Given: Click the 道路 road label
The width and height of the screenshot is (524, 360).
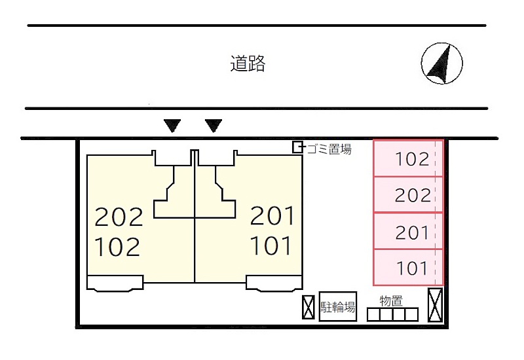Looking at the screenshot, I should [248, 64].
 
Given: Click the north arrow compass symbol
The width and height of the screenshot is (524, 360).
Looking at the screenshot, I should [441, 63].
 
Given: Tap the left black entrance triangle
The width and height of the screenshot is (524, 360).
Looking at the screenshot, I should [172, 125].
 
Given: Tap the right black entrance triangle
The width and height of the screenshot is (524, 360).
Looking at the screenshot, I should [214, 125].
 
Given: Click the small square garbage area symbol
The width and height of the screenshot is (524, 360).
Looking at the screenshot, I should [297, 147].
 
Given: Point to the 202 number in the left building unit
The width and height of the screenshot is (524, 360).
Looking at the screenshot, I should [119, 216].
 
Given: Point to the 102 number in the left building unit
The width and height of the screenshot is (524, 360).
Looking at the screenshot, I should [118, 247].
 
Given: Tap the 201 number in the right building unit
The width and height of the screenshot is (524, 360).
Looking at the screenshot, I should [272, 215].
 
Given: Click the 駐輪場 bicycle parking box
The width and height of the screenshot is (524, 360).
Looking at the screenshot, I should [338, 306].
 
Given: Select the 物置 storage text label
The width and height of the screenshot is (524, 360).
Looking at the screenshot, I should [391, 300].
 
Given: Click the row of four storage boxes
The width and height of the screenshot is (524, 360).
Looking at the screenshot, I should [392, 315].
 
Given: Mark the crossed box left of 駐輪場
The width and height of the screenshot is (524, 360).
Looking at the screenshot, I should [309, 307].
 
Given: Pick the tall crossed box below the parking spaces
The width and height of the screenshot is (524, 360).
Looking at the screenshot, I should [435, 304].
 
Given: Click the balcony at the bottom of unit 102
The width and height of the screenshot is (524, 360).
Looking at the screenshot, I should [115, 283].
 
